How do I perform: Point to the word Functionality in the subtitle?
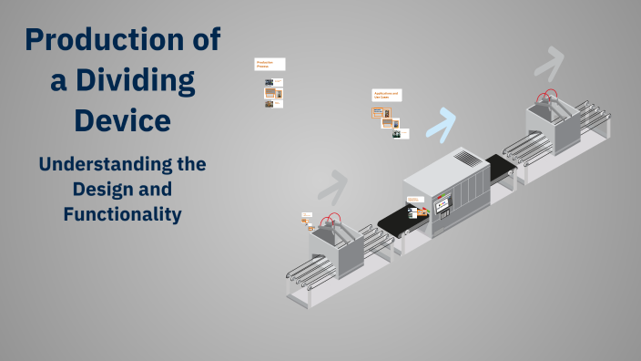123,214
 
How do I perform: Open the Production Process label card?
270,65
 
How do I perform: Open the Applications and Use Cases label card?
386,95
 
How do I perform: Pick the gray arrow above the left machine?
332,186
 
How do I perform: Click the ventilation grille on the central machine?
465,159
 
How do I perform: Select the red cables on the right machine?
547,96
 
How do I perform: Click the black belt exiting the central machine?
500,166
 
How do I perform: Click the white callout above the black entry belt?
414,199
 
